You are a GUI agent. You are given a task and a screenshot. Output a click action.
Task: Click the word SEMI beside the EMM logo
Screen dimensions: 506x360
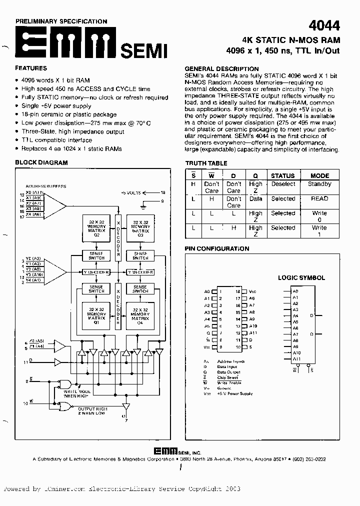143,50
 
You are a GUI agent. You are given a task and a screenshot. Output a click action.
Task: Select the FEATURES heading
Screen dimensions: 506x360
31,68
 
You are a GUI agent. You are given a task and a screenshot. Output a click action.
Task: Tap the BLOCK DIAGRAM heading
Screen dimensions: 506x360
41,163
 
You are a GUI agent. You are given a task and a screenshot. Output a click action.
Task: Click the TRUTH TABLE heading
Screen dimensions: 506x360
206,163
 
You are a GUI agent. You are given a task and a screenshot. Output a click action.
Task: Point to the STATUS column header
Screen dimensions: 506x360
282,175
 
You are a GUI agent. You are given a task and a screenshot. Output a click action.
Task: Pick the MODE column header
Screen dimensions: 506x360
319,175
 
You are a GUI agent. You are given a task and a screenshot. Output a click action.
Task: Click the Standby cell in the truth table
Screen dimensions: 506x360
319,184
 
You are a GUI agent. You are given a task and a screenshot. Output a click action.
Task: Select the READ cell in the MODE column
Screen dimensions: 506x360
319,198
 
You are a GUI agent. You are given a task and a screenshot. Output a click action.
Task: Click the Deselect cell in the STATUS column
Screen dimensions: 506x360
283,184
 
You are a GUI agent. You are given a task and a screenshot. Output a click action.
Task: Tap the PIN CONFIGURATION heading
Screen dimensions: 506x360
217,248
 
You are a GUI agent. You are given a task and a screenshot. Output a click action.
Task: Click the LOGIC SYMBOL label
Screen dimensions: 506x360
301,278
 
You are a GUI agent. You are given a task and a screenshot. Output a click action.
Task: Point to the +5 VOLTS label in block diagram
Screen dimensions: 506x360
131,192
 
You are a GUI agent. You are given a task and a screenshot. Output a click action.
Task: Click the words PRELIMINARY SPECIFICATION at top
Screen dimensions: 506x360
61,21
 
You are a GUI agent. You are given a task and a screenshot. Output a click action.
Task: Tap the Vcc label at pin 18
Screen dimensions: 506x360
252,291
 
